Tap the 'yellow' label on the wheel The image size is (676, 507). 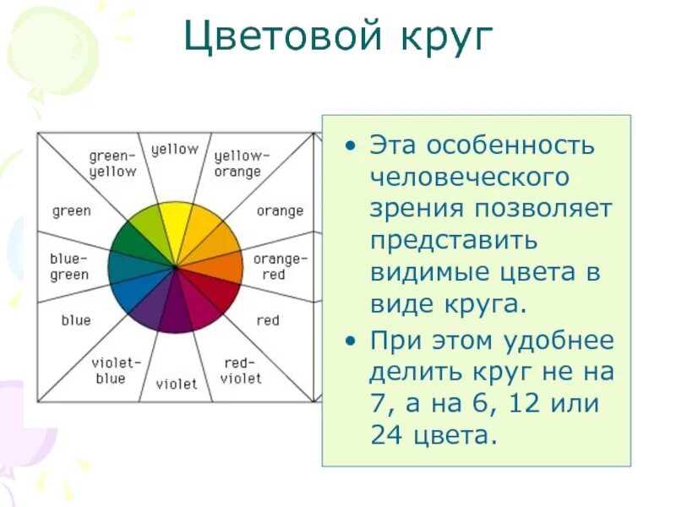[x=175, y=150]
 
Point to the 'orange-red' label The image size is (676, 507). [x=280, y=267]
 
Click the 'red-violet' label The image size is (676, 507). [x=241, y=371]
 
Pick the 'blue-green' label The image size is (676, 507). [x=70, y=267]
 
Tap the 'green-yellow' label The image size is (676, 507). [x=112, y=164]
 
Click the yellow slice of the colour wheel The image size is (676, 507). [x=177, y=224]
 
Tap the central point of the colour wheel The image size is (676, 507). [x=176, y=267]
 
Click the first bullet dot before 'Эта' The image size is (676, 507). [x=351, y=144]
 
